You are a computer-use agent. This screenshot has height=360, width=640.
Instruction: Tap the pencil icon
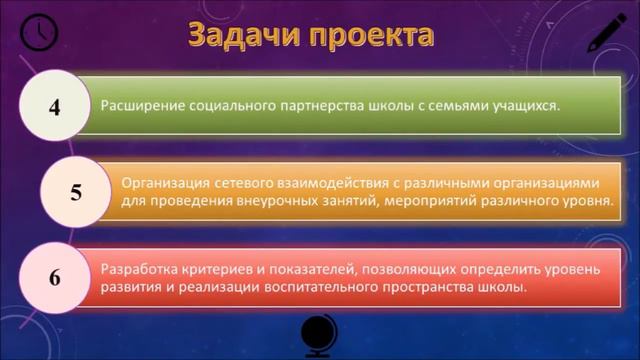coord(604,33)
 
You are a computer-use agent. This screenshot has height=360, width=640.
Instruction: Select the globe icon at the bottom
coord(320,334)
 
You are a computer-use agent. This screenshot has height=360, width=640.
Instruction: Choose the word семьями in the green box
coord(451,104)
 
